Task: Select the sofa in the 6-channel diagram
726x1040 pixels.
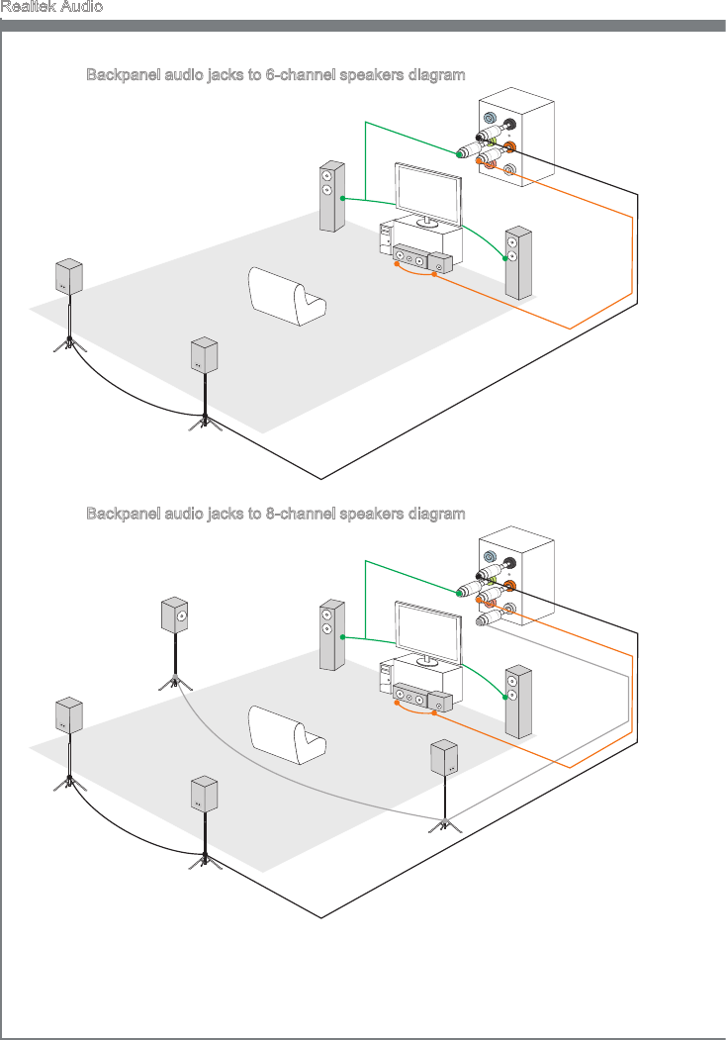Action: pyautogui.click(x=287, y=296)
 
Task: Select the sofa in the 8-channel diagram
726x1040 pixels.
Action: pyautogui.click(x=287, y=735)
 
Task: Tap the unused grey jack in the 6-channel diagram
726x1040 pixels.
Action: pyautogui.click(x=509, y=170)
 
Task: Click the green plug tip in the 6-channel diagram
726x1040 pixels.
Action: pyautogui.click(x=463, y=153)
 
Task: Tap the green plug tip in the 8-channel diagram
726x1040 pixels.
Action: pyautogui.click(x=463, y=593)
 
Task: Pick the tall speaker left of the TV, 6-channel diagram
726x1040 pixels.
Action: pyautogui.click(x=330, y=196)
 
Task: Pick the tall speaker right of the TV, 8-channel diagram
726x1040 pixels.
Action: pyautogui.click(x=517, y=702)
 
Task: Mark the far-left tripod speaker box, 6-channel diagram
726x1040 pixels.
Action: pyautogui.click(x=68, y=276)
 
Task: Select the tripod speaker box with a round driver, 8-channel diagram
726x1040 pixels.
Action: pyautogui.click(x=175, y=615)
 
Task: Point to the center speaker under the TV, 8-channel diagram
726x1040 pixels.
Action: pyautogui.click(x=408, y=700)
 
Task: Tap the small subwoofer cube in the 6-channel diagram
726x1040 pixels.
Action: pyautogui.click(x=440, y=264)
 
